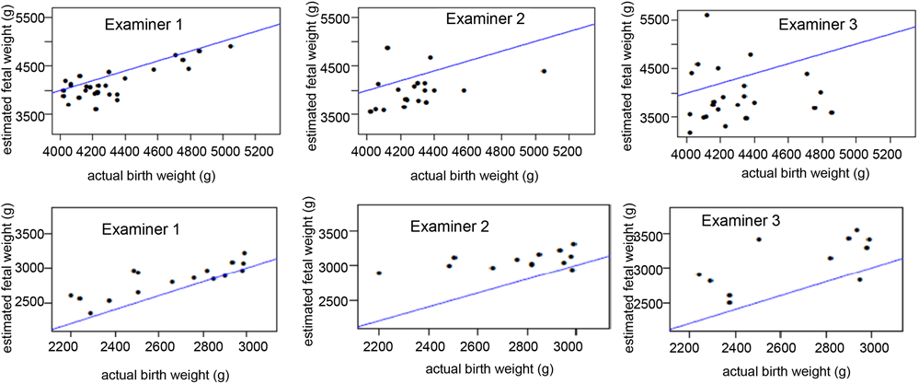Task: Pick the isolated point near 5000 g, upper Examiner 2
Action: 544,71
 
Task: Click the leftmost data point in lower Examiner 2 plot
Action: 379,273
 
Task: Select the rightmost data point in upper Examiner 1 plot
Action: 231,46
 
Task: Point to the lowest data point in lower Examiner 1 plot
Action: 90,313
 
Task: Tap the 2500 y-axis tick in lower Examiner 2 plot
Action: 342,301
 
